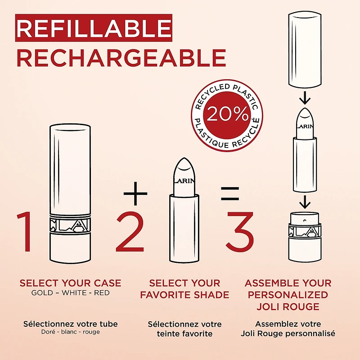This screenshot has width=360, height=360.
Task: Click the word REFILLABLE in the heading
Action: click(94, 28)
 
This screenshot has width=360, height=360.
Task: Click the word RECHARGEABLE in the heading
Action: click(121, 58)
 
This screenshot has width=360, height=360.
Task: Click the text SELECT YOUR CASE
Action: click(70, 283)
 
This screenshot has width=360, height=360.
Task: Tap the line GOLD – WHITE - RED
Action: click(70, 292)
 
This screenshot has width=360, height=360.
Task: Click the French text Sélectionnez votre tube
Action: click(70, 324)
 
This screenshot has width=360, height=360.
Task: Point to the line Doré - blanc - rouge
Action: click(70, 332)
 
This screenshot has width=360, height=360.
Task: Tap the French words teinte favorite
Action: click(184, 333)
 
